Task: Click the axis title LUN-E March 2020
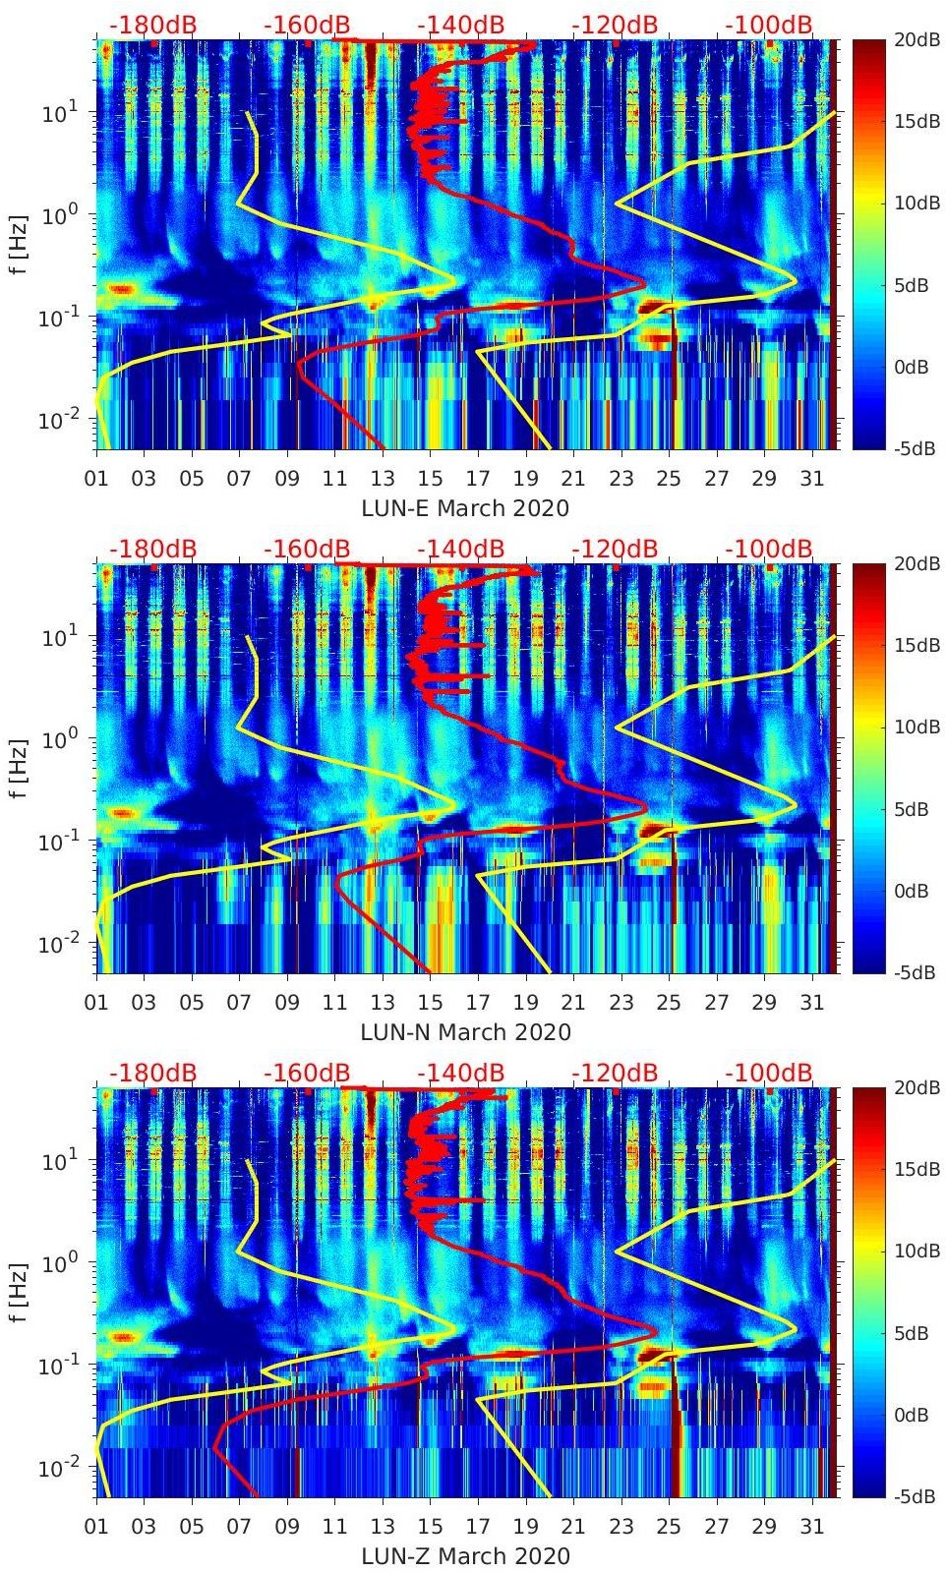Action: click(x=465, y=508)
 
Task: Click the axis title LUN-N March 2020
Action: click(x=465, y=1032)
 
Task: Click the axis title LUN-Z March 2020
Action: click(x=465, y=1556)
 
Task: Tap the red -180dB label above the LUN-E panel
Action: click(x=153, y=25)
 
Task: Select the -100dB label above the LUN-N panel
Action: click(x=769, y=549)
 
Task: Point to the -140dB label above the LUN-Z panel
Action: click(x=460, y=1073)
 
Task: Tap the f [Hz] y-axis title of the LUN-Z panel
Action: click(x=21, y=1292)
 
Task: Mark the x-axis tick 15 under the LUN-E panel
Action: click(x=430, y=479)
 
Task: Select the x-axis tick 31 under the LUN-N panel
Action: click(x=811, y=1003)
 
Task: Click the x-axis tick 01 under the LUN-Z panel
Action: click(x=96, y=1527)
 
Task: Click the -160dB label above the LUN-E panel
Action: click(x=307, y=25)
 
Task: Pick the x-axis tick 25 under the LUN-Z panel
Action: click(x=669, y=1527)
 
